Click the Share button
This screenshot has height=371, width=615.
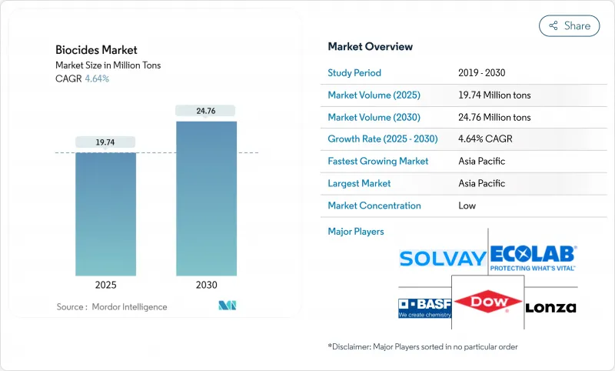pyautogui.click(x=569, y=25)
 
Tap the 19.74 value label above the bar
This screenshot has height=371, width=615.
pyautogui.click(x=105, y=142)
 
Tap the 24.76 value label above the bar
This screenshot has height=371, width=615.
pyautogui.click(x=206, y=111)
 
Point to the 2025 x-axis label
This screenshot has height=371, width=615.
pyautogui.click(x=105, y=284)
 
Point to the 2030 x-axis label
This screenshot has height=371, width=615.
pyautogui.click(x=206, y=284)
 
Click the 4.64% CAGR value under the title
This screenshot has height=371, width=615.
pyautogui.click(x=96, y=79)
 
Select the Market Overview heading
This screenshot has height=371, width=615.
pyautogui.click(x=370, y=47)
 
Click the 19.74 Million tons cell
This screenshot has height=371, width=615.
pyautogui.click(x=494, y=95)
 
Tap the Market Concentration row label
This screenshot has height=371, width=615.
pyautogui.click(x=374, y=206)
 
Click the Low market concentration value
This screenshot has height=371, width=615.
pyautogui.click(x=467, y=206)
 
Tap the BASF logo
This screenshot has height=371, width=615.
pyautogui.click(x=424, y=307)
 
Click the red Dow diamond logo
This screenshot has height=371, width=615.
pyautogui.click(x=487, y=302)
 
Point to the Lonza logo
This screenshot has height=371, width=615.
pyautogui.click(x=550, y=307)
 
